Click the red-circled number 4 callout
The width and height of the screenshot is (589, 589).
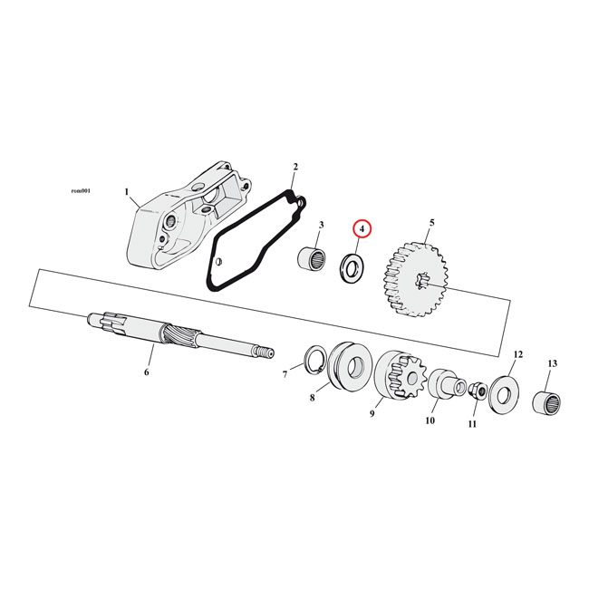click(362, 230)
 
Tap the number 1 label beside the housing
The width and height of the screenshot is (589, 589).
click(128, 192)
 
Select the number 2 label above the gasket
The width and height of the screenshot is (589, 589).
click(294, 168)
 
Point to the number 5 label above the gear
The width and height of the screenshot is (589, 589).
click(431, 222)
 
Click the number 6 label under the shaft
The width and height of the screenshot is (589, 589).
click(146, 372)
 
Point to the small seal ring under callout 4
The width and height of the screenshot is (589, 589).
click(351, 267)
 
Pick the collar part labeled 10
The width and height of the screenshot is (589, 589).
click(441, 383)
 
